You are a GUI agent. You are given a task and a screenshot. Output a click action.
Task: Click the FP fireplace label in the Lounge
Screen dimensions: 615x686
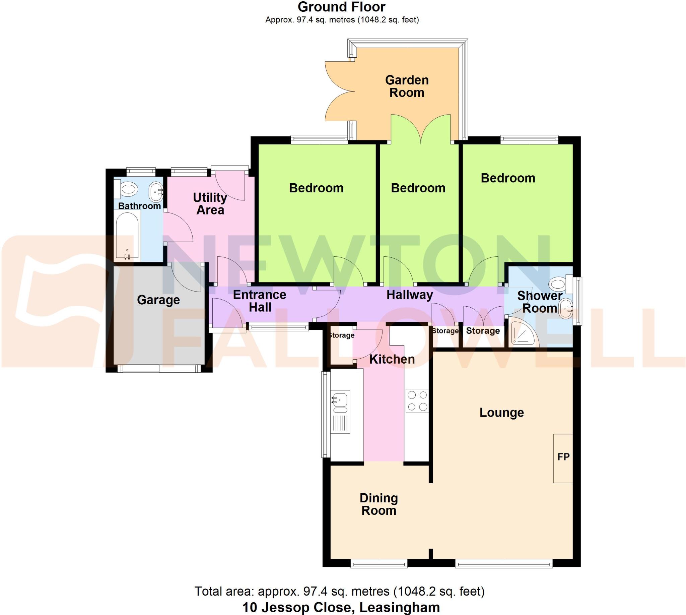point(563,457)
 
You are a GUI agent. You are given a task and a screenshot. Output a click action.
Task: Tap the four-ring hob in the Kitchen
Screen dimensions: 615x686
point(417,401)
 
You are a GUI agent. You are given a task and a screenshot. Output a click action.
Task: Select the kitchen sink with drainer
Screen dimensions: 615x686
point(340,412)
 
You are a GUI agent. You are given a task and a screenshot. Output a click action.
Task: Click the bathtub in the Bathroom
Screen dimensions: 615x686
point(127,235)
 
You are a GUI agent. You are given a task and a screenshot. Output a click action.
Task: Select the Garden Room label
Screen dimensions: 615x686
point(407,86)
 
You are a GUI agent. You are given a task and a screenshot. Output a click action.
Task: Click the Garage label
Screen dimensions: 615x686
point(158,300)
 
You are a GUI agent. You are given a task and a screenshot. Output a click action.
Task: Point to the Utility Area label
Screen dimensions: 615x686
point(210,203)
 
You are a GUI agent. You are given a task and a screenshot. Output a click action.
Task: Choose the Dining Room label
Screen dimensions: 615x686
point(379,504)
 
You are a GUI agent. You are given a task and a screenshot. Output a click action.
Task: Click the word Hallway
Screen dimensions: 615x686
point(409,295)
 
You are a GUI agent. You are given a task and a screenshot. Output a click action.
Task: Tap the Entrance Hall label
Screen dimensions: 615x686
point(259,301)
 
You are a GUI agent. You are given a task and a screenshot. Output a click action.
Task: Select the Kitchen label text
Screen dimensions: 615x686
point(392,359)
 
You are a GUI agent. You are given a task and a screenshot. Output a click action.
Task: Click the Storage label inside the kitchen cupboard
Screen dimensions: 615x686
point(341,335)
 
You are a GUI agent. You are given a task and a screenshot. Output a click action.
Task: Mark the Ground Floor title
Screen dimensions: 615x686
point(341,7)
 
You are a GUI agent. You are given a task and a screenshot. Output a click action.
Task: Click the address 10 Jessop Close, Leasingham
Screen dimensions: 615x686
point(341,607)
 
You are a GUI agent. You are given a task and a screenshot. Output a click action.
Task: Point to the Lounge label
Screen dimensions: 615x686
point(501,412)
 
